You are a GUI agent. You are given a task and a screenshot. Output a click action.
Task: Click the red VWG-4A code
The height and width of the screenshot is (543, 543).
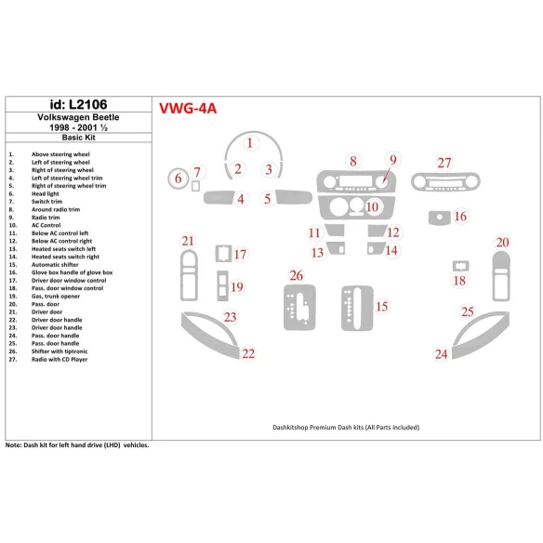188,108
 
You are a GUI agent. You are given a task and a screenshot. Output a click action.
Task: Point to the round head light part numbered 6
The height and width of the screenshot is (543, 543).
177,178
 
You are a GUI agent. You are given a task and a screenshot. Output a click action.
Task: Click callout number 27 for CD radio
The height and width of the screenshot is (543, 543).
444,162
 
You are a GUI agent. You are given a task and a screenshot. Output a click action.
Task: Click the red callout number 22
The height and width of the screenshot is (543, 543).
247,353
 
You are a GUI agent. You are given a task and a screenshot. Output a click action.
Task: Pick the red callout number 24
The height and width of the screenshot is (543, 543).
442,353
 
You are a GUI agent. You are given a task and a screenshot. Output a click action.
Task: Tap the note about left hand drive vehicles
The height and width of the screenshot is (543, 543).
77,445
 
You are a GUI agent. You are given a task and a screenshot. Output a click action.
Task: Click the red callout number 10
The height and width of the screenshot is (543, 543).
372,206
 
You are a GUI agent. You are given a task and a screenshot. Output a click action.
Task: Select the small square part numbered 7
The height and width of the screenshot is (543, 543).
196,184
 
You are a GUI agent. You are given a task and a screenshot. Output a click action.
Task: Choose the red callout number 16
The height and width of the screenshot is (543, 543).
460,216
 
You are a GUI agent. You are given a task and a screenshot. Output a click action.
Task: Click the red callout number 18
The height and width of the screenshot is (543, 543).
458,280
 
